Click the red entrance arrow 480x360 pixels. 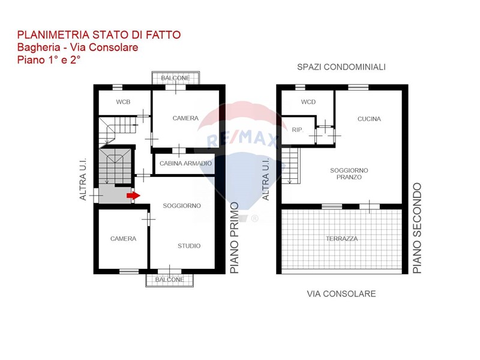(x=133, y=196)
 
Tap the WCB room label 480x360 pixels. (x=123, y=102)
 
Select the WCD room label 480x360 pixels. (x=308, y=102)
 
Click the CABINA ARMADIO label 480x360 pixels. (x=185, y=163)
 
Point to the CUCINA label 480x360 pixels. (x=369, y=119)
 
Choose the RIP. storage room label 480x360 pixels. (x=298, y=130)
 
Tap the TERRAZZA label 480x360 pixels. (x=341, y=238)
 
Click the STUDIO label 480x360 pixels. (x=189, y=246)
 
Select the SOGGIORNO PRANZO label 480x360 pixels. (x=349, y=173)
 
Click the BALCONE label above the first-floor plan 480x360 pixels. (x=175, y=78)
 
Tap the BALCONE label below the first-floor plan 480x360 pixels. (x=170, y=280)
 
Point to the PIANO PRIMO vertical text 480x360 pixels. (x=235, y=238)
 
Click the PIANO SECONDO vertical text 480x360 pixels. (x=417, y=228)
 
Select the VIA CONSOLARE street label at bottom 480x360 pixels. (x=341, y=294)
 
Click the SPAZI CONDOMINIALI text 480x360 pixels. (x=341, y=67)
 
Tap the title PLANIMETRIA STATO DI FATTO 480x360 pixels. (x=99, y=35)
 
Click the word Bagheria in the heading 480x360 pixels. (x=38, y=48)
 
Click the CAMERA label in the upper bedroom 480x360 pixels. (x=185, y=118)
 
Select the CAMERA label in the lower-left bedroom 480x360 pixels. (x=124, y=239)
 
